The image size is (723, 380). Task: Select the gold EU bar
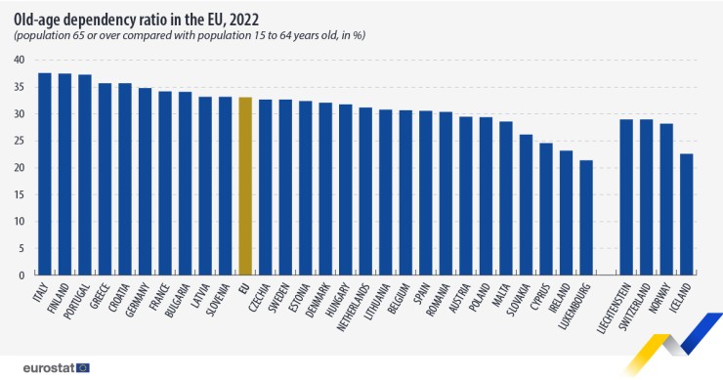(x=245, y=186)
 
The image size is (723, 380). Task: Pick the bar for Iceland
(x=687, y=214)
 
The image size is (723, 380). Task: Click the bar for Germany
(x=145, y=181)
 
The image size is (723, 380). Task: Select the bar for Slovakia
(x=526, y=204)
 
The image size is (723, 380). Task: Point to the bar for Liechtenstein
(x=626, y=196)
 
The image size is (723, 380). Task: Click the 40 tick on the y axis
(x=19, y=60)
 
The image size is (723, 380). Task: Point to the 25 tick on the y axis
(x=19, y=141)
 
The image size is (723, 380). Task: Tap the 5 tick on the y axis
(x=21, y=248)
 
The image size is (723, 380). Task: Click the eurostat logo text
(x=39, y=367)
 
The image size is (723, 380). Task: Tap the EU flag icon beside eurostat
(x=84, y=367)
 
